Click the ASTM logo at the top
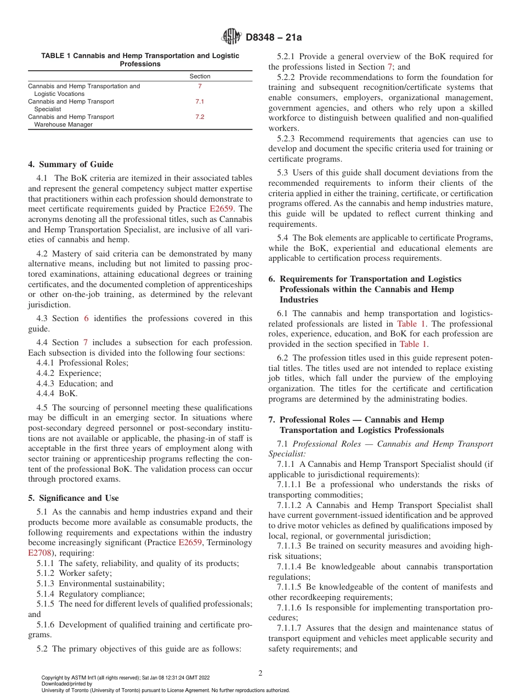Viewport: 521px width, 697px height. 231,37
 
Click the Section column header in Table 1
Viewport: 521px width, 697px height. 200,76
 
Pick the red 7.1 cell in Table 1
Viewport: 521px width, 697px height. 200,101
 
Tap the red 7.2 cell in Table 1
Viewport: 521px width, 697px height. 200,117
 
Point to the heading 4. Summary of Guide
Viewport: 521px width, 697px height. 71,164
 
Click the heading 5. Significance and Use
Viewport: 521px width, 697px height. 73,498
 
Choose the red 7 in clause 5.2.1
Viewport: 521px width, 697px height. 390,67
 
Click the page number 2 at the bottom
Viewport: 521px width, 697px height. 260,673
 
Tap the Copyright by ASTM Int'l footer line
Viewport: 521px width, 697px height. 125,678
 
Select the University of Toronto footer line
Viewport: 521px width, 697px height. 165,690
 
